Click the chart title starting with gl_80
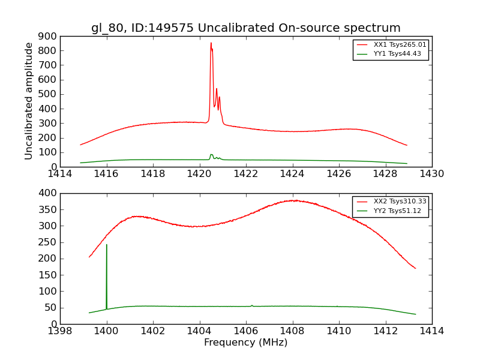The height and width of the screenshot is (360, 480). tap(245, 28)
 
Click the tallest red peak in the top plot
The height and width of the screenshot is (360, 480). tap(211, 43)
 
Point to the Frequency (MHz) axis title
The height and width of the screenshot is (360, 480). tap(245, 343)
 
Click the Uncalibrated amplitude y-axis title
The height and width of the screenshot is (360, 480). tap(29, 101)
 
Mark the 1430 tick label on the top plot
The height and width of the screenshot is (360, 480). tap(431, 174)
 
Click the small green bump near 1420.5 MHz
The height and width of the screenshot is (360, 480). tap(211, 155)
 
